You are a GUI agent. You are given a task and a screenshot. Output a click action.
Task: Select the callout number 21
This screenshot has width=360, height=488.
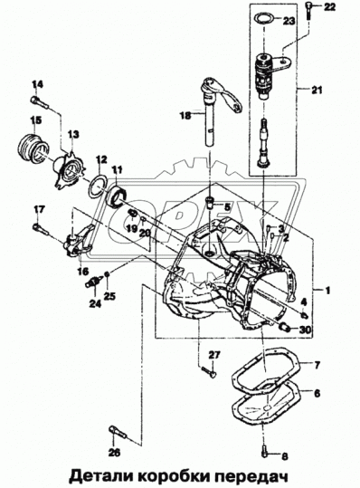click(x=316, y=90)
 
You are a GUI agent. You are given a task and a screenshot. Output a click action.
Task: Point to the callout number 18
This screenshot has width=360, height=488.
click(x=184, y=115)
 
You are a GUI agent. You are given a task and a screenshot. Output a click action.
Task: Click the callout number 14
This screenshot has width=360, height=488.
click(x=37, y=85)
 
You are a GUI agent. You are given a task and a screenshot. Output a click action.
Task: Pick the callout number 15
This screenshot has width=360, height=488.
click(x=36, y=120)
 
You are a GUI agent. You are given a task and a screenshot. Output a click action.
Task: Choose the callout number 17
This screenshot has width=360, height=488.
click(x=38, y=209)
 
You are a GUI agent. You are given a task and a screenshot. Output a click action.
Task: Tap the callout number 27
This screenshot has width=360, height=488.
click(x=214, y=354)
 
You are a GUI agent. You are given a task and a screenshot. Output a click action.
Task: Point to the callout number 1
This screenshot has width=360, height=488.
click(x=328, y=291)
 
